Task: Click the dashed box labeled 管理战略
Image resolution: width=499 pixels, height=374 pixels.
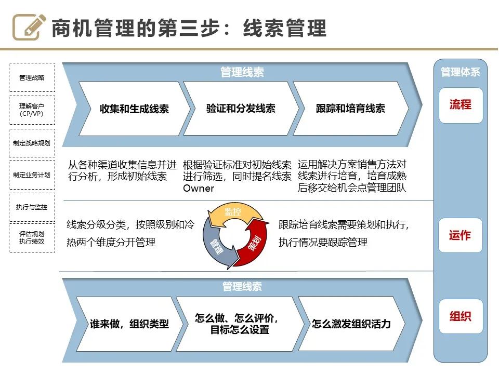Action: click(x=32, y=78)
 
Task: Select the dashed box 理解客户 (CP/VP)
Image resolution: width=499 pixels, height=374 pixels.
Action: click(x=32, y=110)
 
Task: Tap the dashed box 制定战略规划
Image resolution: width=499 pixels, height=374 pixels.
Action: click(x=32, y=143)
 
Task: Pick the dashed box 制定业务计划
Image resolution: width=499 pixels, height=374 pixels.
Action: click(x=32, y=175)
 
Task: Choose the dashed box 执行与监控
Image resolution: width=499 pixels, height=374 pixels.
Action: click(x=32, y=207)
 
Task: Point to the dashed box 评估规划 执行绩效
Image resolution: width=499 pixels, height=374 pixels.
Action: click(x=32, y=237)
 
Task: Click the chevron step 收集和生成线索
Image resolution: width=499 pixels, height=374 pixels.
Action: click(x=134, y=109)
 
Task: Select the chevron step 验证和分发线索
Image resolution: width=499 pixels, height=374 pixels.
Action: click(x=241, y=109)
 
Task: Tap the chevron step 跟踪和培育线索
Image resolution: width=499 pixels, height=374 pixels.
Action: click(x=350, y=109)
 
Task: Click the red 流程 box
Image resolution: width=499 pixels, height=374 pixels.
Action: click(x=461, y=105)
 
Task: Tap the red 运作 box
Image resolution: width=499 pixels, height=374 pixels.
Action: click(x=461, y=235)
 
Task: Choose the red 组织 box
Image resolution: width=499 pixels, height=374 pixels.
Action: click(x=461, y=316)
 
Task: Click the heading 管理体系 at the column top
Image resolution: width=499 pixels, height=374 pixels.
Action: click(x=461, y=72)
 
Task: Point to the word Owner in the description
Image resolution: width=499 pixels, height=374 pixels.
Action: click(x=199, y=189)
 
